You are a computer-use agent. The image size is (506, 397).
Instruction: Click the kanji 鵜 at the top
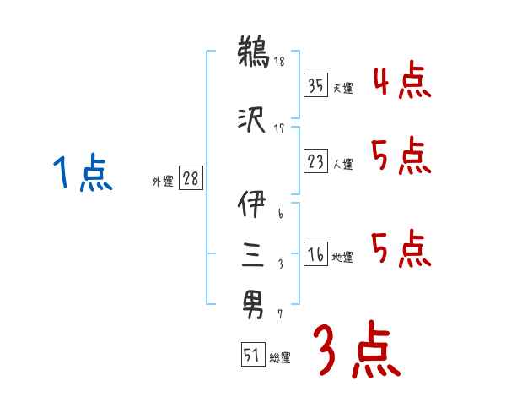(x=252, y=52)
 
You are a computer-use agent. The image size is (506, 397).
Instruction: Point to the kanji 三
(x=252, y=253)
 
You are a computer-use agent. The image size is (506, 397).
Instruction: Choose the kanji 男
(x=252, y=301)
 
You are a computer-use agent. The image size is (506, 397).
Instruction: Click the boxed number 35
(x=316, y=84)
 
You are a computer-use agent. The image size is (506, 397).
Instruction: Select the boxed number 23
(x=316, y=162)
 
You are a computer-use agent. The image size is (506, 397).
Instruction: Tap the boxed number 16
(x=316, y=255)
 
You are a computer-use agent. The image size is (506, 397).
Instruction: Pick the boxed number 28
(x=190, y=179)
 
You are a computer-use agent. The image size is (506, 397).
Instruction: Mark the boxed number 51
(x=252, y=356)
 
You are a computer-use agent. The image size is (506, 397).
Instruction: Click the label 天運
(x=342, y=87)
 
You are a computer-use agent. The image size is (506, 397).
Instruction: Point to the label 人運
(x=342, y=165)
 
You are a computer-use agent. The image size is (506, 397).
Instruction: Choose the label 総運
(x=279, y=358)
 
